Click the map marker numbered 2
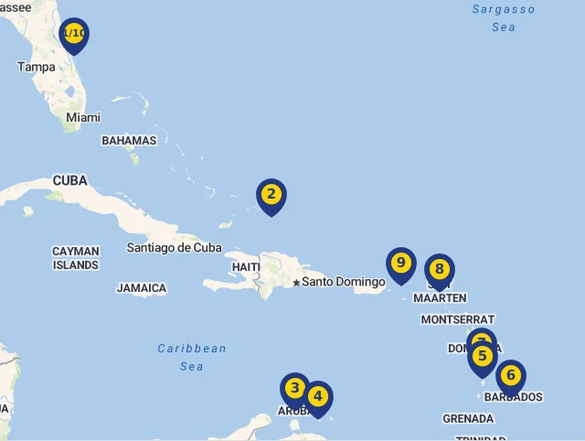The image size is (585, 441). coord(271,195)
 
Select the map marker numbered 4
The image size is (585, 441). coord(317,397)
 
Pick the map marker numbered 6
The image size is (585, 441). coord(511,375)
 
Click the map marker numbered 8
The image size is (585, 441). coord(440,270)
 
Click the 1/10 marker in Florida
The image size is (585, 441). coord(74,34)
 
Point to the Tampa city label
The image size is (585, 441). coord(37,67)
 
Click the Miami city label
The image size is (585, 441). coord(83,117)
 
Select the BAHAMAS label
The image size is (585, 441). coord(129,141)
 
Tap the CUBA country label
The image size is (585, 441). coord(69,180)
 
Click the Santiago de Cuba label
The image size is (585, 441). coord(174,247)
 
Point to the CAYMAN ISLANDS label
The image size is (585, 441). coord(75,258)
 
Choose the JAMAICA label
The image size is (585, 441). coord(142,288)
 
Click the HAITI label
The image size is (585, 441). coord(246,266)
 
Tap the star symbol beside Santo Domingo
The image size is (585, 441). coord(296,282)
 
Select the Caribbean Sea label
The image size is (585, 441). coord(191,357)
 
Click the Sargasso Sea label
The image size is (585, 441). coord(504,17)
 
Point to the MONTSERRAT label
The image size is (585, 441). coord(457,319)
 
